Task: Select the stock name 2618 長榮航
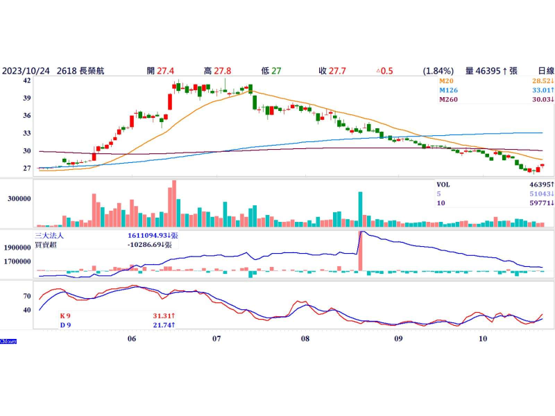point(82,71)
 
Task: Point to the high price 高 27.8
point(218,71)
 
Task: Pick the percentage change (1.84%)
point(438,71)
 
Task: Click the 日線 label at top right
point(546,71)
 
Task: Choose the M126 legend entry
point(450,90)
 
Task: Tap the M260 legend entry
point(450,99)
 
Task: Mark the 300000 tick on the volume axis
point(18,198)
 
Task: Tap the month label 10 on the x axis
point(484,339)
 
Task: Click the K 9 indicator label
point(65,316)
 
